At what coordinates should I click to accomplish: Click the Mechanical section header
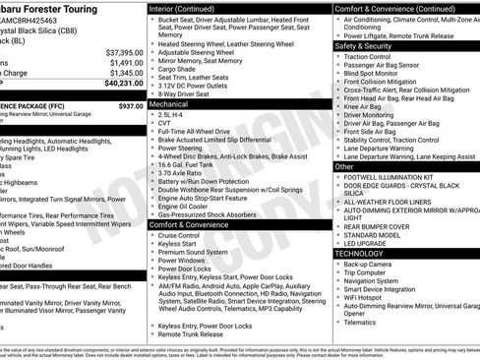coord(168,103)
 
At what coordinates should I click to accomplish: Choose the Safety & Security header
coord(363,45)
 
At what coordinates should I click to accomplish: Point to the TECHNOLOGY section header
coord(360,253)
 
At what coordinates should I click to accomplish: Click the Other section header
coord(344,167)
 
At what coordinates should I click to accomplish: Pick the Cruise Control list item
coord(178,236)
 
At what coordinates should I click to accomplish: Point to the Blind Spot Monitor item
coord(372,74)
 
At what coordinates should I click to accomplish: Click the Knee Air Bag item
coord(366,106)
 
